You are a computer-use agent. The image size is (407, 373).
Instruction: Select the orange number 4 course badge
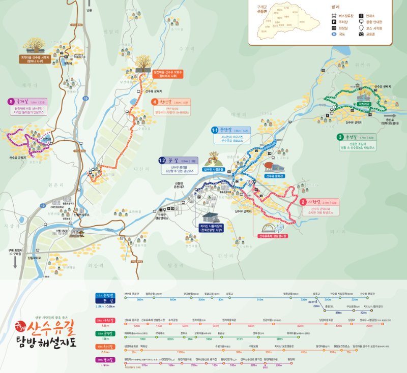(x=155, y=102)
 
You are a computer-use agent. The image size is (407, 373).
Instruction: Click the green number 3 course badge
(x=340, y=137)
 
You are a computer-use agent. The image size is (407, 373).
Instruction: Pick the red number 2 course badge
(x=303, y=202)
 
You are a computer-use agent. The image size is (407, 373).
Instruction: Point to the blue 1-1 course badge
(x=215, y=131)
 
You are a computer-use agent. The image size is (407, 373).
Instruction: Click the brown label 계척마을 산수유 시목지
(x=35, y=58)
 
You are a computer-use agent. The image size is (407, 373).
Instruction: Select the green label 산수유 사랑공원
(x=214, y=169)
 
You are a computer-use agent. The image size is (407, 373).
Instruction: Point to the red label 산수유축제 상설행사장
(x=273, y=236)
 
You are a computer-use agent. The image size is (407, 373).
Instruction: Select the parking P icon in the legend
(x=333, y=22)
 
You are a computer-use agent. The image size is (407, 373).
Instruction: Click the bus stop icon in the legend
(x=333, y=16)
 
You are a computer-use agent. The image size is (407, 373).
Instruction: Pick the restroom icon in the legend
(x=333, y=28)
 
